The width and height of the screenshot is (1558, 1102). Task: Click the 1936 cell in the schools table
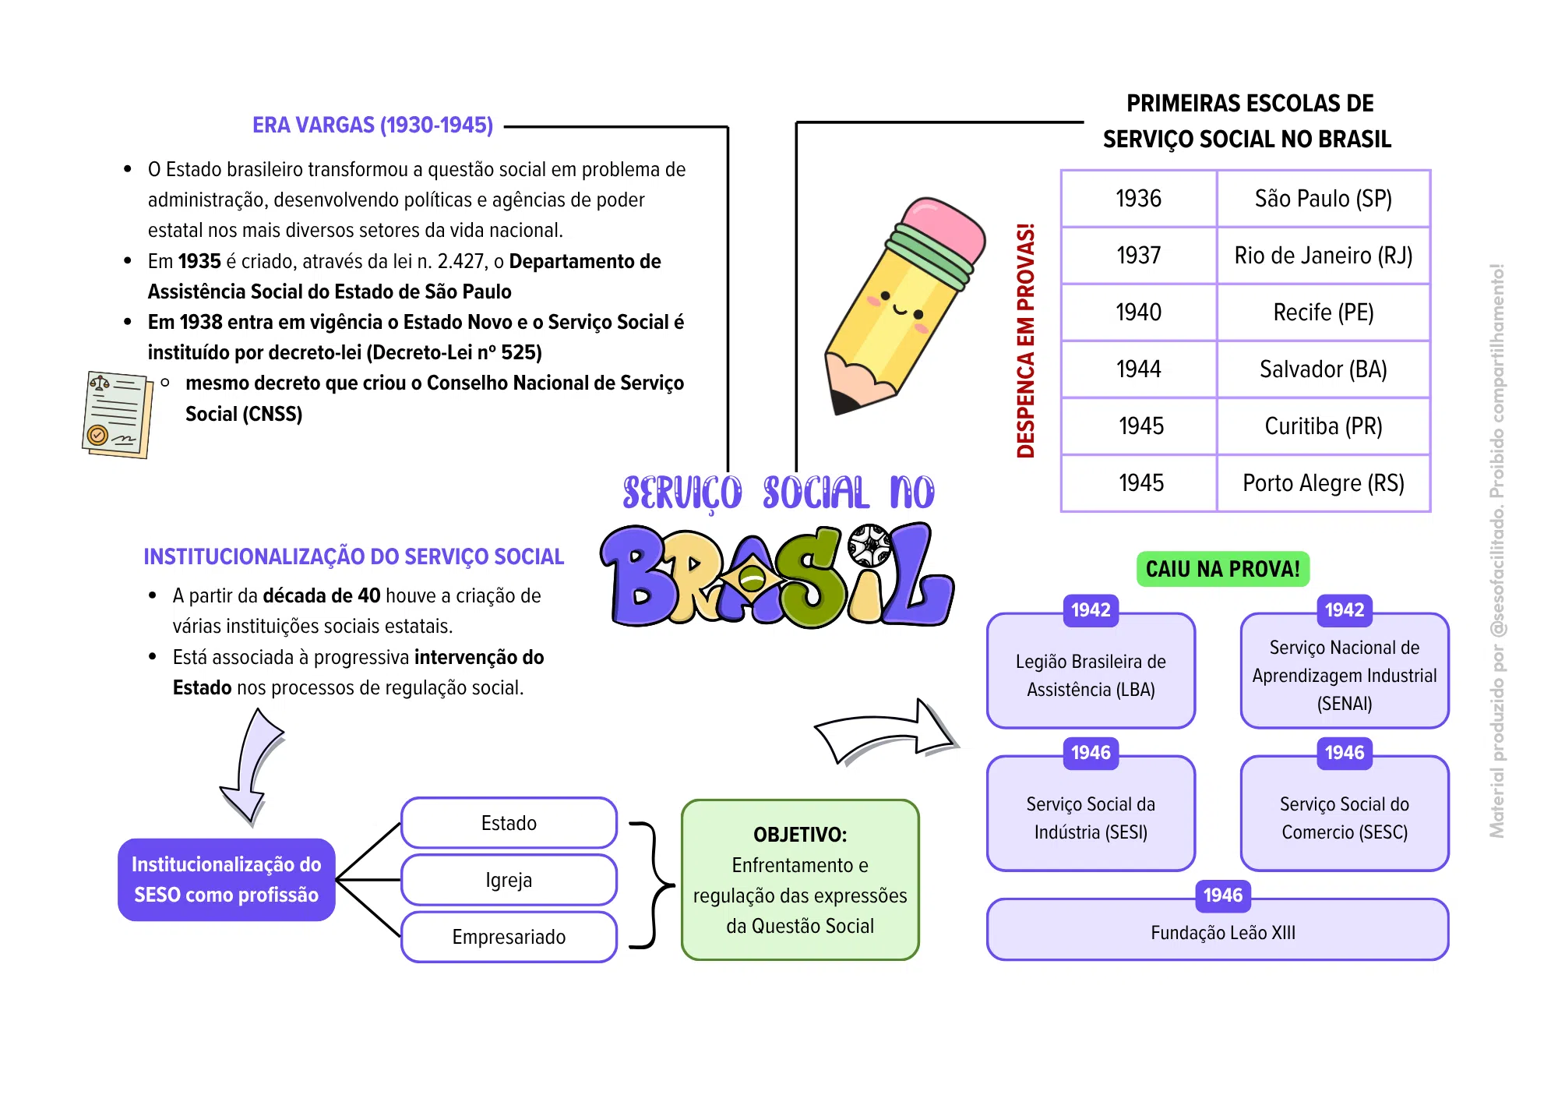[1139, 199]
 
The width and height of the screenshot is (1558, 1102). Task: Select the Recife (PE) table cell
[1324, 313]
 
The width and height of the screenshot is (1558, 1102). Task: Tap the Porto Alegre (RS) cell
[1324, 483]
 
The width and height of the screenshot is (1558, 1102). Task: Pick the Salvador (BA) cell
[1324, 369]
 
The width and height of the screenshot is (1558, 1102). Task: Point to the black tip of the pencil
[843, 402]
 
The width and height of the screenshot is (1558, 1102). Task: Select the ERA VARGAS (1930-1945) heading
[372, 125]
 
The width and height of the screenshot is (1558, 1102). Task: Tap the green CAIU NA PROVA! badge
[1223, 569]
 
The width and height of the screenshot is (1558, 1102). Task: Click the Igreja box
[509, 880]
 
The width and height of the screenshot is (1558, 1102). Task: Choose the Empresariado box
[509, 937]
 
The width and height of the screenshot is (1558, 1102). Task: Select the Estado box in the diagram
[509, 823]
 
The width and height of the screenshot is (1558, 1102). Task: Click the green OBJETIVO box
[800, 880]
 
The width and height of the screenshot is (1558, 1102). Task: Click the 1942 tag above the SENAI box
[1345, 610]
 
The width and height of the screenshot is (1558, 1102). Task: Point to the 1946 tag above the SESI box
[1091, 753]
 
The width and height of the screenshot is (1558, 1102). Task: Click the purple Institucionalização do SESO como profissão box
[227, 880]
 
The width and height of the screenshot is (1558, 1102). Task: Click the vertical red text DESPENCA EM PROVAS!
[1025, 341]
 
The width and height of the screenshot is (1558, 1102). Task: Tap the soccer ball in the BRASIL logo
[869, 545]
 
